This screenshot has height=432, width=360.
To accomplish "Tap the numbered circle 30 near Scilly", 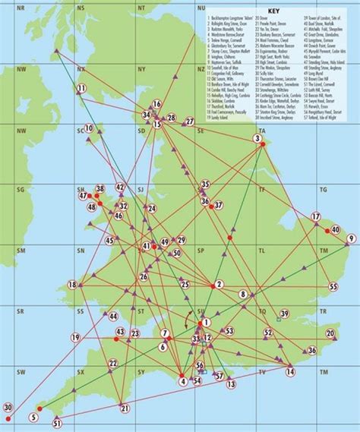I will (8, 408).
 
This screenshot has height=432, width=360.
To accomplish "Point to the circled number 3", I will (259, 139).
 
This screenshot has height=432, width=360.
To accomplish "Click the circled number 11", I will (81, 89).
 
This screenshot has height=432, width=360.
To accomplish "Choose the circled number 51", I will (57, 423).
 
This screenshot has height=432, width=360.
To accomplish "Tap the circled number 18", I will (73, 285).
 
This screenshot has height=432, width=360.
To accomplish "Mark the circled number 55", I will (333, 287).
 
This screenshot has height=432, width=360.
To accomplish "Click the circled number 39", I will (284, 314).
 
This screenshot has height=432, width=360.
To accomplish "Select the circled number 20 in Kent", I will (330, 333).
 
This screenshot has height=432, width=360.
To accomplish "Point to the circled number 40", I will (334, 230).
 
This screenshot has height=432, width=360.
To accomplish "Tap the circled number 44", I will (113, 317).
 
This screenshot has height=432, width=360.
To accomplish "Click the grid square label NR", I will (21, 7).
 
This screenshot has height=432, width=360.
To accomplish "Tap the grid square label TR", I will (322, 311).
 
